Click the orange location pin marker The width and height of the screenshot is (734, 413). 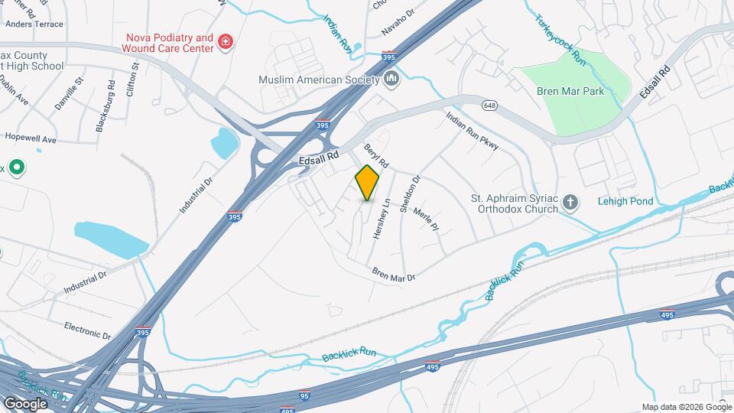tap(368, 182)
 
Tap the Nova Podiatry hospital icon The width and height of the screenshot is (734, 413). tap(225, 41)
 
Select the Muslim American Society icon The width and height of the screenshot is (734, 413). tap(391, 79)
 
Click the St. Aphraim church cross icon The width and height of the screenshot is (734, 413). tap(569, 202)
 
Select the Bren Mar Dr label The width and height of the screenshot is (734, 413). tap(393, 274)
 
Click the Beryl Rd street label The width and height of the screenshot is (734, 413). tap(377, 155)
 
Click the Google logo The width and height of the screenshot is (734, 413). tap(25, 403)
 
